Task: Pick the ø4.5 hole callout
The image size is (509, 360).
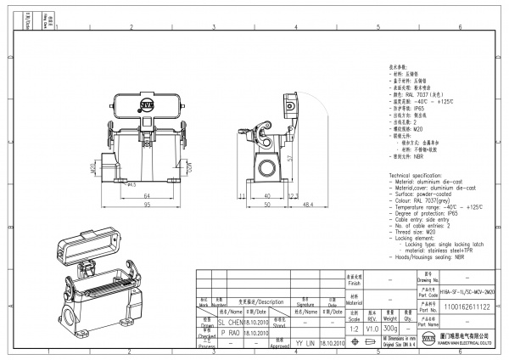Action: (x=131, y=183)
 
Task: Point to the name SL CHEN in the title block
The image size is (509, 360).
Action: (x=230, y=323)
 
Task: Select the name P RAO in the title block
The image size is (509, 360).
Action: (x=230, y=334)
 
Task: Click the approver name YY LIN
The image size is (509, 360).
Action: (x=305, y=344)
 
